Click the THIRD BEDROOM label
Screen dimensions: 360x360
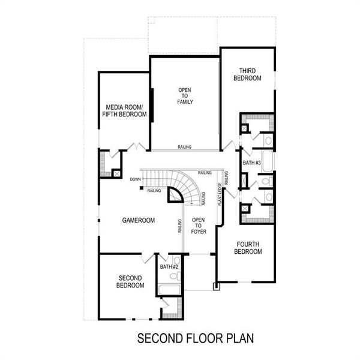click(x=250, y=74)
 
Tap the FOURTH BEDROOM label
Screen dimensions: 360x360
click(x=248, y=247)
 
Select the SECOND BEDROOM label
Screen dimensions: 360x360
click(x=130, y=281)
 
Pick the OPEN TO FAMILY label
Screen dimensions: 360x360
click(x=184, y=96)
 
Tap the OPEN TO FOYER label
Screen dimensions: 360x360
click(x=199, y=225)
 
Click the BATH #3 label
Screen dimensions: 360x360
click(x=251, y=163)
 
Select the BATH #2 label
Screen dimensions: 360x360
click(x=169, y=266)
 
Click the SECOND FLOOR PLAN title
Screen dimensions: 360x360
click(x=196, y=338)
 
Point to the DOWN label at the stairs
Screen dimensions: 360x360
click(x=135, y=179)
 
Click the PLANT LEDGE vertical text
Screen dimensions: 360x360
click(x=220, y=195)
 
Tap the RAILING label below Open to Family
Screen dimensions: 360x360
click(x=185, y=147)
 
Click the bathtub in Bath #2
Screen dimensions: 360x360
click(x=169, y=290)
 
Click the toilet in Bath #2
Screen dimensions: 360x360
click(x=175, y=277)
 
